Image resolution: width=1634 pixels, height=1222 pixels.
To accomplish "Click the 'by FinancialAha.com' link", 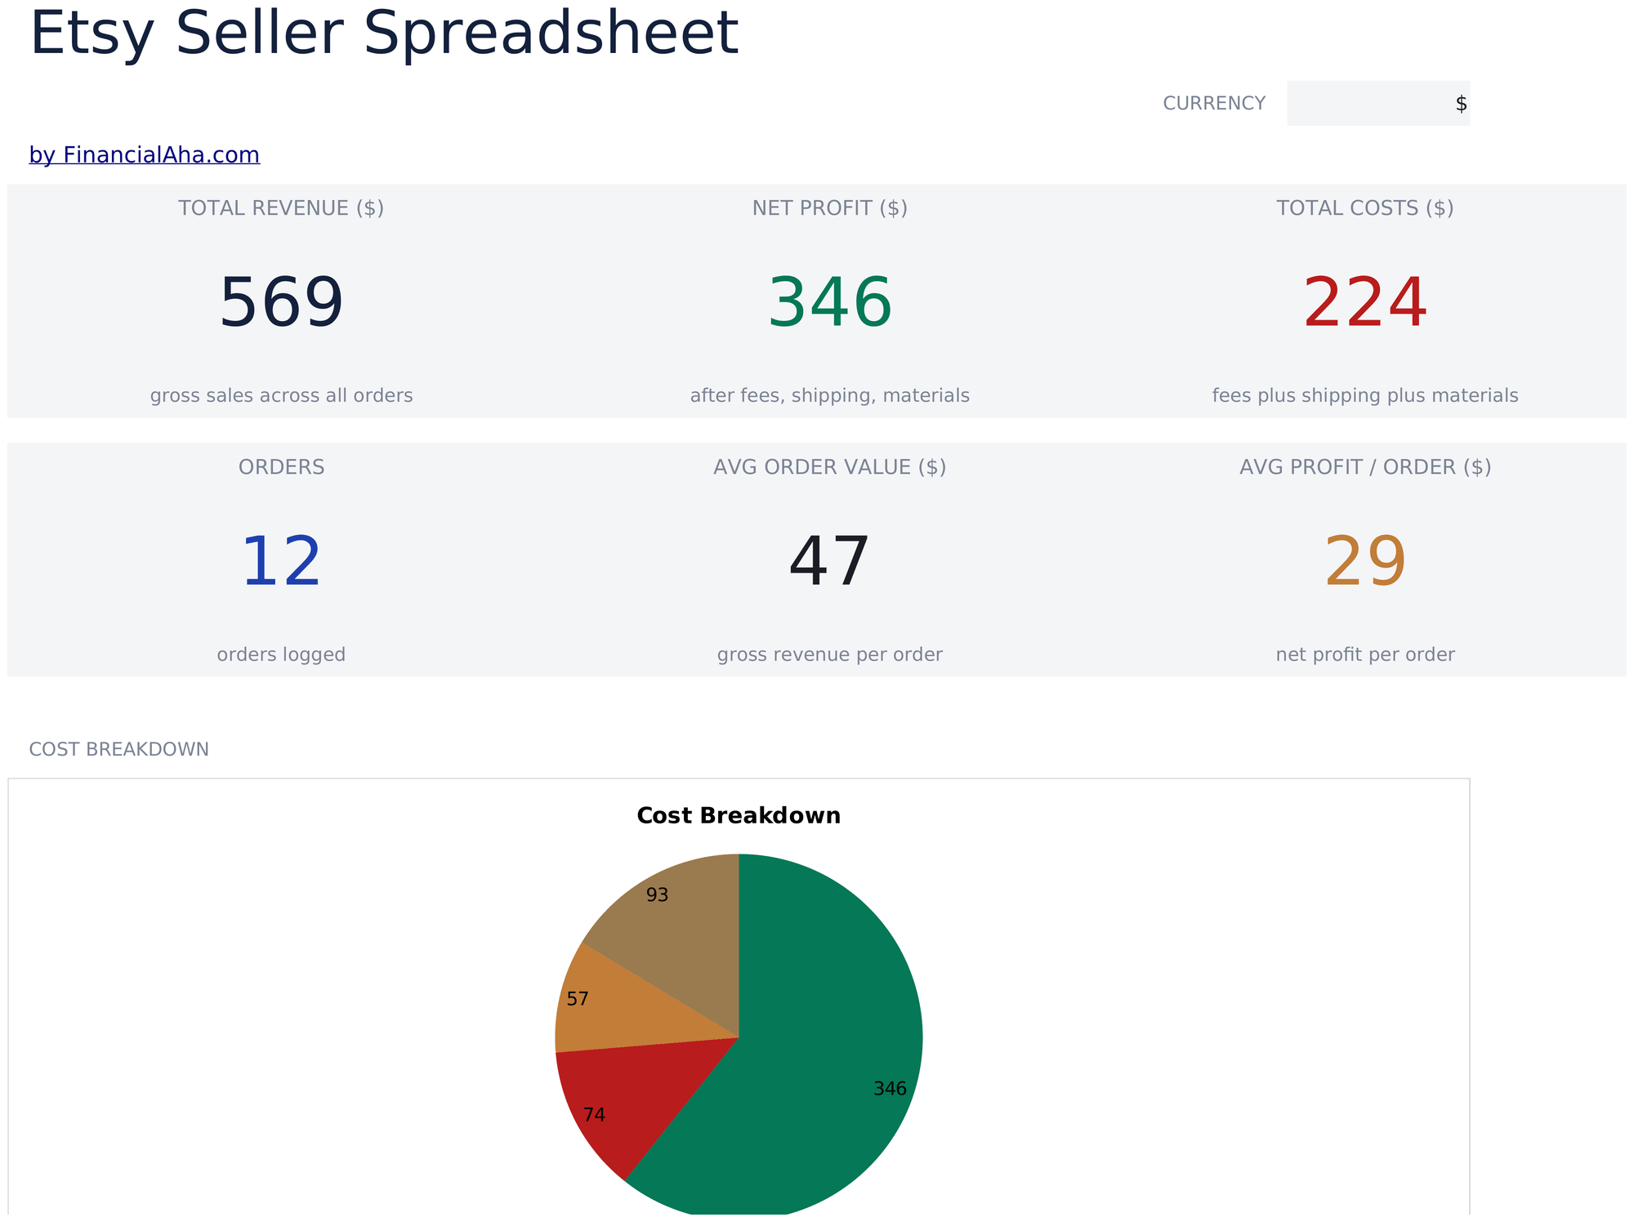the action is pyautogui.click(x=145, y=154).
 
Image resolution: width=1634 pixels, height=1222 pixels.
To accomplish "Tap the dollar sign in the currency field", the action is pyautogui.click(x=1461, y=104).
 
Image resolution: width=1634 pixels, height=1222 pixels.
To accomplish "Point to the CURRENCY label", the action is pyautogui.click(x=1214, y=104).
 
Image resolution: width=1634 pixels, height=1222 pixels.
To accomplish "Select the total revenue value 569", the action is pyautogui.click(x=281, y=303).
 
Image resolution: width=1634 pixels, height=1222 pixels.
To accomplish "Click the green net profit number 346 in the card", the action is pyautogui.click(x=830, y=303).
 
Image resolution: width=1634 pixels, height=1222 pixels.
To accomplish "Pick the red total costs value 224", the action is pyautogui.click(x=1365, y=303).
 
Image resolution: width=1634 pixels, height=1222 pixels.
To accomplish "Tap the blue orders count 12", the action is pyautogui.click(x=281, y=562).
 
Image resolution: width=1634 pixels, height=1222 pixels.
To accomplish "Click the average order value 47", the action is pyautogui.click(x=830, y=562).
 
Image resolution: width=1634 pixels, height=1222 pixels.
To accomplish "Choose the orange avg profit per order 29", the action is pyautogui.click(x=1365, y=562).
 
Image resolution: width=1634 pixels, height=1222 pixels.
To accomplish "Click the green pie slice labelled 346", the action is pyautogui.click(x=825, y=1062).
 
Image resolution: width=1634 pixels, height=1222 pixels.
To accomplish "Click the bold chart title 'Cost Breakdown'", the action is pyautogui.click(x=739, y=816).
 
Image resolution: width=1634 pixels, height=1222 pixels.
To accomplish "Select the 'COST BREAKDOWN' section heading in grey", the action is pyautogui.click(x=119, y=749).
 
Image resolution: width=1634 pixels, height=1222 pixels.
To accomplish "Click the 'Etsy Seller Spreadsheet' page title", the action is pyautogui.click(x=384, y=33).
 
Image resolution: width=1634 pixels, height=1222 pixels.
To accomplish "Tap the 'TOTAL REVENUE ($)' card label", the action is pyautogui.click(x=281, y=208).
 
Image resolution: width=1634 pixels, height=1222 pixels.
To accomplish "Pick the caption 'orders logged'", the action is pyautogui.click(x=281, y=655).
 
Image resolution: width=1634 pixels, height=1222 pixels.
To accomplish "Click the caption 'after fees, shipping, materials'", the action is pyautogui.click(x=830, y=396).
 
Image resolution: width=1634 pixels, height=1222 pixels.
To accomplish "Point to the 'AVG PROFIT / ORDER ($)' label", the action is pyautogui.click(x=1365, y=467).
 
